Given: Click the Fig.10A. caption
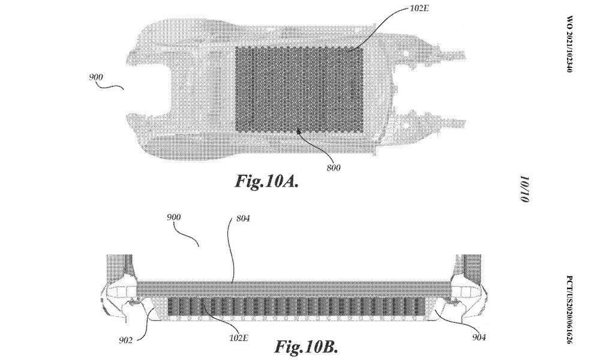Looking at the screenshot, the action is pyautogui.click(x=267, y=181).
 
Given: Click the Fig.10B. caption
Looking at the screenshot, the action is pyautogui.click(x=306, y=347).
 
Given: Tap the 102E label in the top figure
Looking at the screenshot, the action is pyautogui.click(x=419, y=8).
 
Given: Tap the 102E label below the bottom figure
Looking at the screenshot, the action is pyautogui.click(x=239, y=338).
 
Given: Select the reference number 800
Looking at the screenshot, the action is pyautogui.click(x=333, y=167).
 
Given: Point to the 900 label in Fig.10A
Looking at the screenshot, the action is pyautogui.click(x=96, y=77).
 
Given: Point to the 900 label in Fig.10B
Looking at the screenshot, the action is pyautogui.click(x=174, y=217).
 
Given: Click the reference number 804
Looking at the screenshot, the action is pyautogui.click(x=243, y=218).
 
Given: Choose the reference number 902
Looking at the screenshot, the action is pyautogui.click(x=125, y=340).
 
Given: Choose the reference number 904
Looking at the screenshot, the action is pyautogui.click(x=479, y=337).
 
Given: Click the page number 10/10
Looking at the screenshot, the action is pyautogui.click(x=524, y=189).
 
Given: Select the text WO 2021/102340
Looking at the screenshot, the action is pyautogui.click(x=569, y=44).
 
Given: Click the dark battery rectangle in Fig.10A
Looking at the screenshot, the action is pyautogui.click(x=299, y=89).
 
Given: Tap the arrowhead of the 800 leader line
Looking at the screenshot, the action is pyautogui.click(x=298, y=131).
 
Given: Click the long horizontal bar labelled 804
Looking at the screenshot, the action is pyautogui.click(x=294, y=289).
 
